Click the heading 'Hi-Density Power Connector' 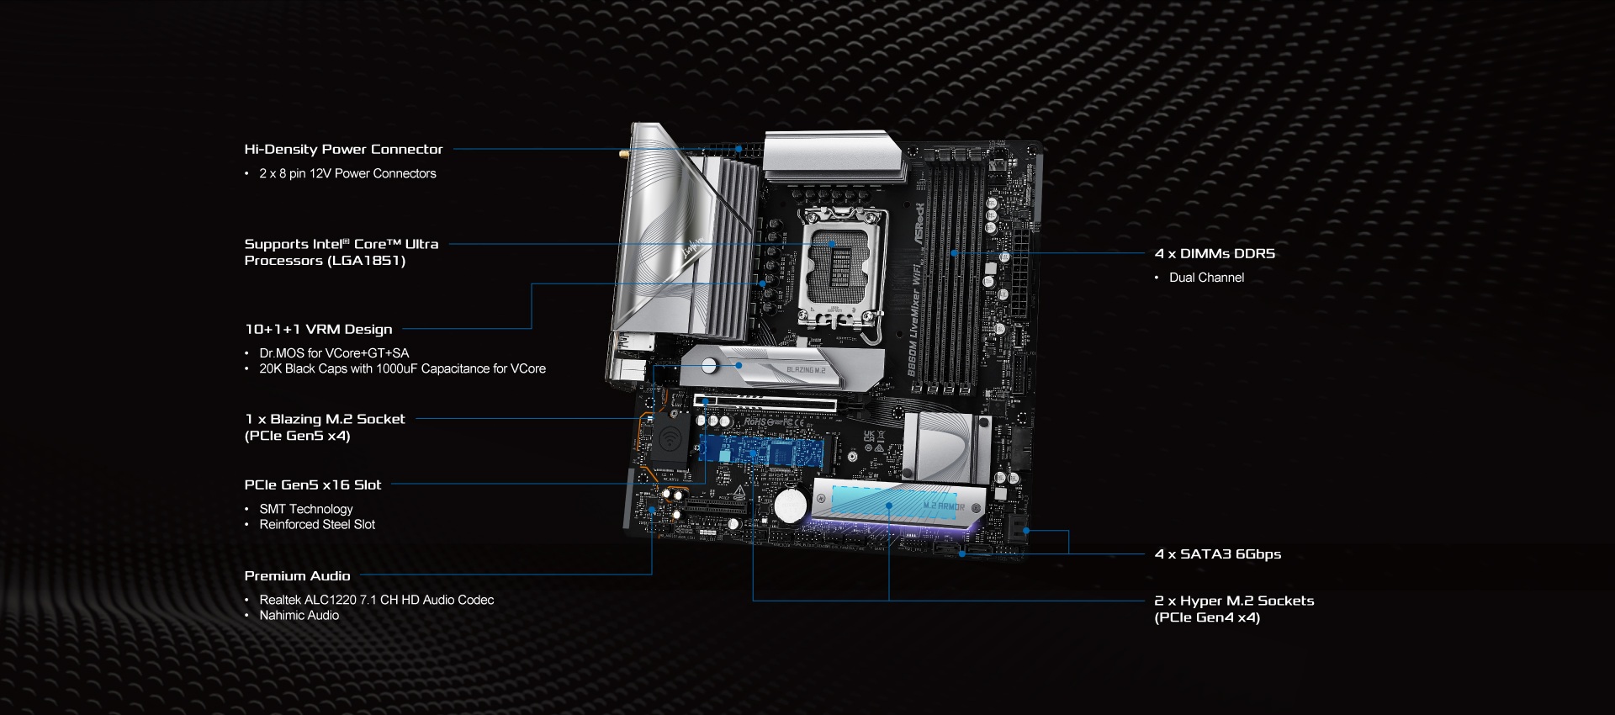343,149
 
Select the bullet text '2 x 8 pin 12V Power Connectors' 347,173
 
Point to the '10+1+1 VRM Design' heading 318,329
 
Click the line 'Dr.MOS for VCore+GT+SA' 334,353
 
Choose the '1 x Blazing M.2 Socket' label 325,419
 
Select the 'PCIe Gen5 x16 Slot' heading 313,485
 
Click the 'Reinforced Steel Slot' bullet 317,524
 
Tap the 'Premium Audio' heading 297,575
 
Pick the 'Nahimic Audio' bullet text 299,615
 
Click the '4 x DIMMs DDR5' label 1215,253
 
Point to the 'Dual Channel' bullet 1206,278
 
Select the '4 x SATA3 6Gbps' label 1218,553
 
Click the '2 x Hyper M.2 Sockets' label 1234,601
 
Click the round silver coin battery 791,506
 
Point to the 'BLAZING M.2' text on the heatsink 806,370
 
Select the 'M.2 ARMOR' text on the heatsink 944,506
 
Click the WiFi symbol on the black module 670,439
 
